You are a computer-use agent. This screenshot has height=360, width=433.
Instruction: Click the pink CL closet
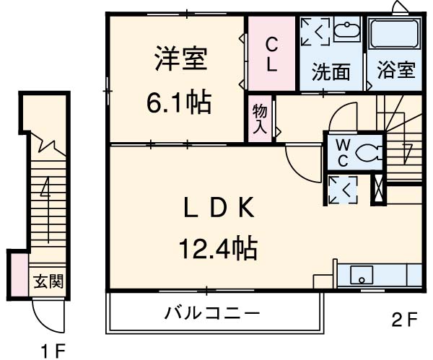coord(271,54)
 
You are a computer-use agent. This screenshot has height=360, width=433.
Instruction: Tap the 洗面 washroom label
coord(331,72)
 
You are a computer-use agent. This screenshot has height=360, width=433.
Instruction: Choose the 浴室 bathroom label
coord(395,71)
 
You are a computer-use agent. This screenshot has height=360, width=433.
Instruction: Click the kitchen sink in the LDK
coord(361,275)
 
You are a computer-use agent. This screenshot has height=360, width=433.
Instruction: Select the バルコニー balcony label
coord(211,314)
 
